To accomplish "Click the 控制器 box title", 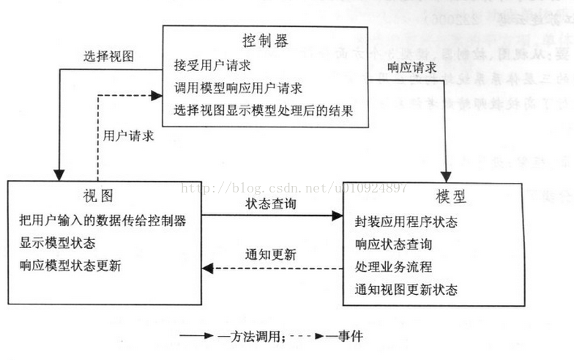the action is pos(264,41).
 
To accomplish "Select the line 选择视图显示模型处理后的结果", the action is pos(264,111).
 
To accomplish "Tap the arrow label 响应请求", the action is pos(412,68).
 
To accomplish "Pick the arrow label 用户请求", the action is pos(128,135).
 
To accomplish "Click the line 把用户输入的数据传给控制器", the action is pos(102,220).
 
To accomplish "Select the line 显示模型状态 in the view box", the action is pos(57,242).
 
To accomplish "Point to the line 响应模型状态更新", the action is pos(70,266).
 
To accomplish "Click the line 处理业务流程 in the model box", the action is pos(393,266).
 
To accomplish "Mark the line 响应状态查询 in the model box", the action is pos(393,244).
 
